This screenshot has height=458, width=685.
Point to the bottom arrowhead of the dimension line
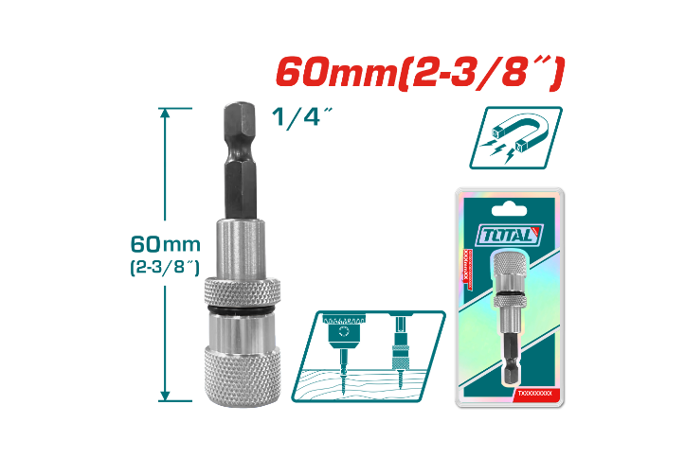pyautogui.click(x=167, y=397)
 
